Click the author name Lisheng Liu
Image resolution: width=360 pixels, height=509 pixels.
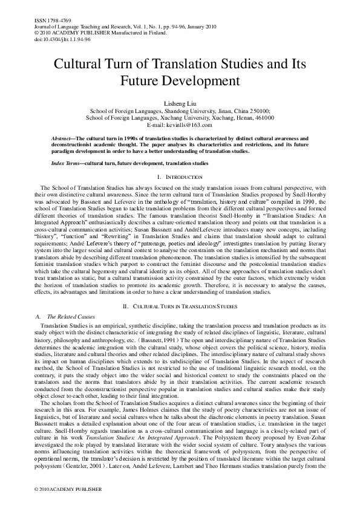click(x=180, y=103)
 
